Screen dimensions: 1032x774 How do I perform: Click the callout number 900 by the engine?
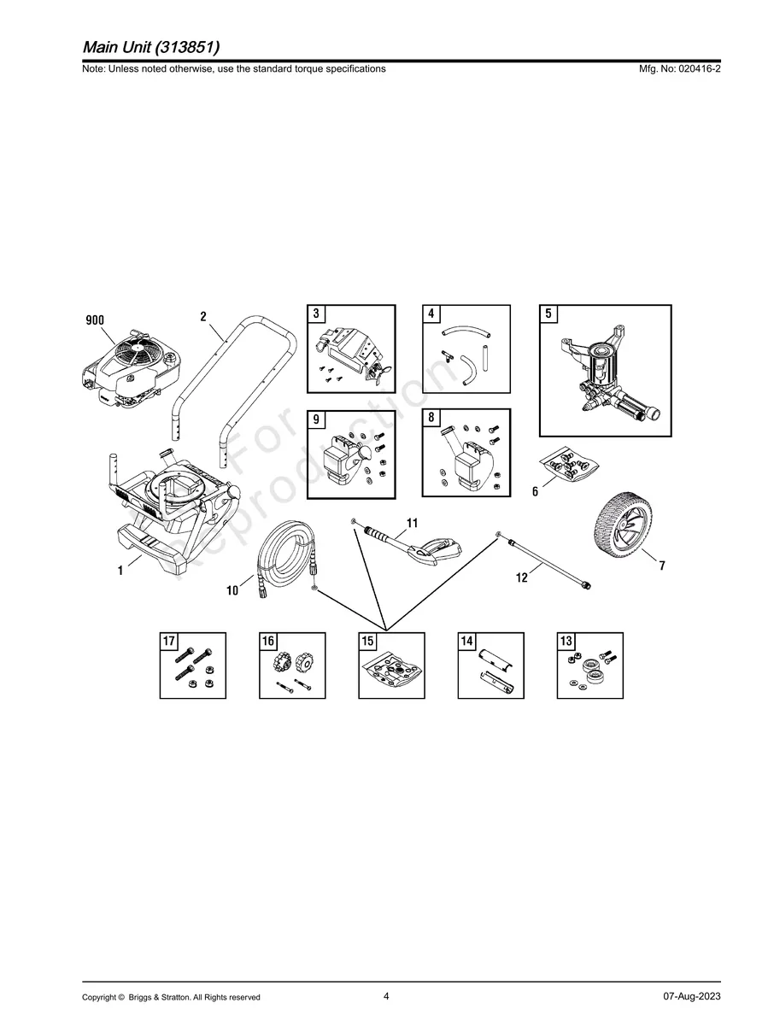[x=94, y=320]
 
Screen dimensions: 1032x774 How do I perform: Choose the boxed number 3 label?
[x=316, y=314]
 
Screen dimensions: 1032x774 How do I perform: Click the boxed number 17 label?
[x=169, y=642]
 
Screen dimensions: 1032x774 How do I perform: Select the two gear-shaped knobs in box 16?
[x=294, y=663]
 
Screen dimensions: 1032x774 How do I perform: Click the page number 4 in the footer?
[x=386, y=996]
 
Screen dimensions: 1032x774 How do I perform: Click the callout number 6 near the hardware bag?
[x=535, y=492]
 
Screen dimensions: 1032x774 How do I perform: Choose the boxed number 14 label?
[x=467, y=642]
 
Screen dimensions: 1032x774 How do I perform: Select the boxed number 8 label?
[x=431, y=419]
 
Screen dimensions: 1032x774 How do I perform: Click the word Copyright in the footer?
[x=99, y=997]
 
